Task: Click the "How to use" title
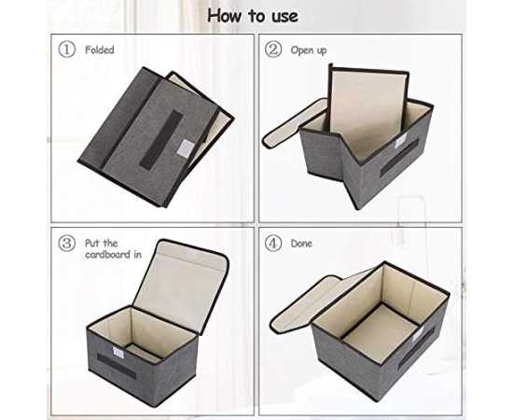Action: coord(253,16)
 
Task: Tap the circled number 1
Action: coord(67,49)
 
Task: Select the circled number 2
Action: coord(273,49)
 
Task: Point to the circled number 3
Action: coord(67,244)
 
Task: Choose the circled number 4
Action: coord(273,244)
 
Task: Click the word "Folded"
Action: coord(100,49)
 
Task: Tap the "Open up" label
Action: coord(309,50)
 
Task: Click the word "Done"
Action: coord(301,244)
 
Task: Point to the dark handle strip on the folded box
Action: coord(161,140)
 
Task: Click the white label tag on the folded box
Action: coord(186,148)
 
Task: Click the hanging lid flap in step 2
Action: coord(294,124)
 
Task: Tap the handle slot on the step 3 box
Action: coord(117,366)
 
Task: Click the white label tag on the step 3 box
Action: coord(118,353)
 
